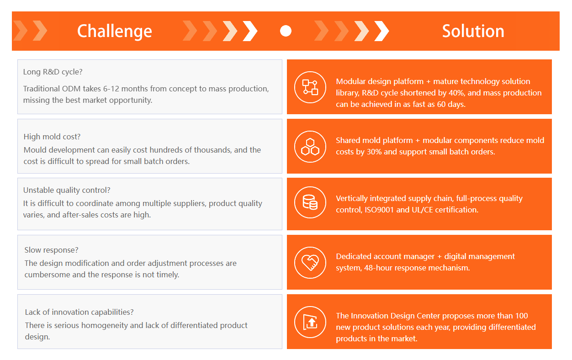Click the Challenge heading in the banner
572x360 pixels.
point(114,32)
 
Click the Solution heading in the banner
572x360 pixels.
point(473,31)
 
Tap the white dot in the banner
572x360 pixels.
point(286,31)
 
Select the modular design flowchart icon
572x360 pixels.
point(310,87)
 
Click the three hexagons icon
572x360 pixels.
point(310,147)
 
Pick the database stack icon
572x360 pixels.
point(310,202)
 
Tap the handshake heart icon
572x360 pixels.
point(310,263)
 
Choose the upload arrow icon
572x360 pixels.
point(310,322)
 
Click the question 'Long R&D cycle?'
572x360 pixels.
point(53,72)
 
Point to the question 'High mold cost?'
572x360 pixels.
point(52,137)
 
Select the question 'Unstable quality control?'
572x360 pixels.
point(67,190)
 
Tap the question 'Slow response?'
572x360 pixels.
point(51,250)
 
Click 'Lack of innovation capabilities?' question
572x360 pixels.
point(79,312)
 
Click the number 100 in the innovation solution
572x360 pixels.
point(521,316)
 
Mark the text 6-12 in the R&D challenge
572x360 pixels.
point(111,89)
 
